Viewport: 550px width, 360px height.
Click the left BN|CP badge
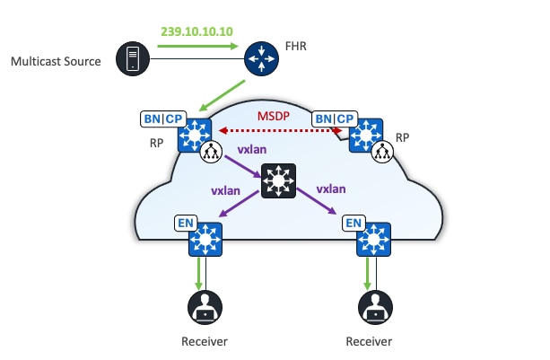163,119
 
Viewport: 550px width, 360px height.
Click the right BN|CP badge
334,119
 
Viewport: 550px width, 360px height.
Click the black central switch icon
279,182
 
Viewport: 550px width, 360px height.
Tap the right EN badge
354,223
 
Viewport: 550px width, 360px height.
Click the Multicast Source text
54,62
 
